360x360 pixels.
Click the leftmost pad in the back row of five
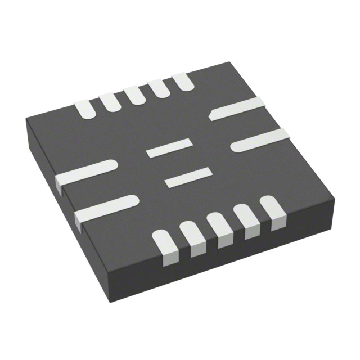click(x=85, y=109)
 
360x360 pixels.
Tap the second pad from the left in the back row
click(x=110, y=101)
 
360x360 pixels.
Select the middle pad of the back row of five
click(x=134, y=93)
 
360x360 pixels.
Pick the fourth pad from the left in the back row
click(x=158, y=87)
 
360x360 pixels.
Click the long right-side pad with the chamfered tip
click(x=237, y=109)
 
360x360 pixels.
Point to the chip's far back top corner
click(x=229, y=62)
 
